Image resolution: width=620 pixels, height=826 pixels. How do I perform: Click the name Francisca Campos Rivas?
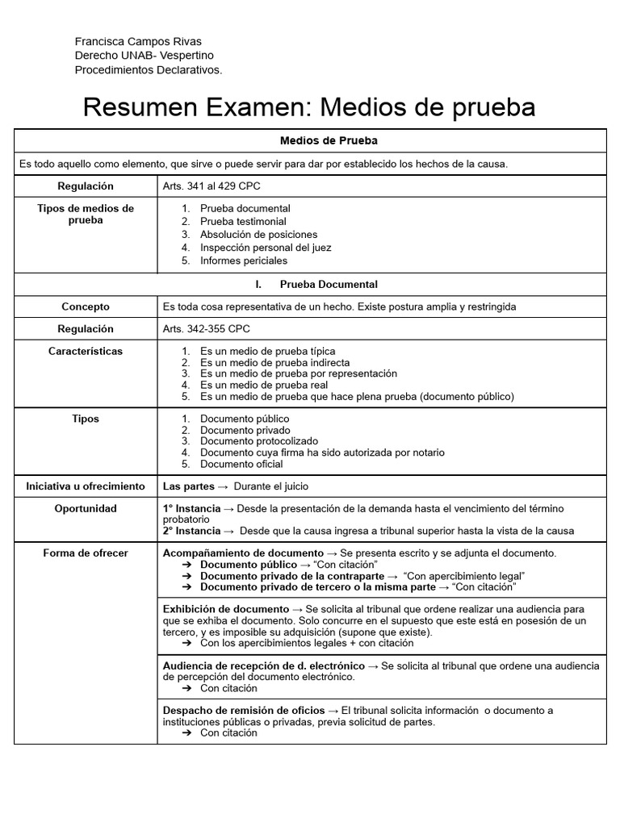tap(138, 42)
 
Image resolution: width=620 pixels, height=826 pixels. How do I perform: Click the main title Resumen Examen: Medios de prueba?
tap(309, 106)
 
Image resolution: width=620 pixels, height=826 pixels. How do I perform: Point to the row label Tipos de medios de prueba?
tap(86, 214)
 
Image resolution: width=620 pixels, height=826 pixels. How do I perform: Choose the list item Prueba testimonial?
tap(243, 221)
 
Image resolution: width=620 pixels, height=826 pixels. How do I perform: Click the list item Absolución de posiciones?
tap(258, 235)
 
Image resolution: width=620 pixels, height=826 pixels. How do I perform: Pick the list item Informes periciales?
tap(244, 261)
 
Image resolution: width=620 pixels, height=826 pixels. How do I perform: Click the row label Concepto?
tap(86, 307)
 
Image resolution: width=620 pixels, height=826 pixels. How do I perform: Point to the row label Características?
tap(86, 352)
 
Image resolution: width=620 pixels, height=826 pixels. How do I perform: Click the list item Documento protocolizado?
tap(259, 441)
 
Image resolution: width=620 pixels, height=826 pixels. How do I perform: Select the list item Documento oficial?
tap(241, 464)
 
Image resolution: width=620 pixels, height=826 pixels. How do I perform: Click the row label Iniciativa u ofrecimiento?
tap(86, 486)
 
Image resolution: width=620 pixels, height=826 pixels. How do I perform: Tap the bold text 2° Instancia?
tap(191, 531)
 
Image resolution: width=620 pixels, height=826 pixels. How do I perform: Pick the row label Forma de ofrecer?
tap(86, 553)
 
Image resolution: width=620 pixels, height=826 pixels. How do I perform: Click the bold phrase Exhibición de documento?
tap(226, 609)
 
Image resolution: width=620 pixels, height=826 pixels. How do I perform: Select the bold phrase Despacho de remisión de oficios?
tap(244, 711)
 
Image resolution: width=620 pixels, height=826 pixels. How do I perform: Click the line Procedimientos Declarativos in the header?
tap(149, 70)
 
